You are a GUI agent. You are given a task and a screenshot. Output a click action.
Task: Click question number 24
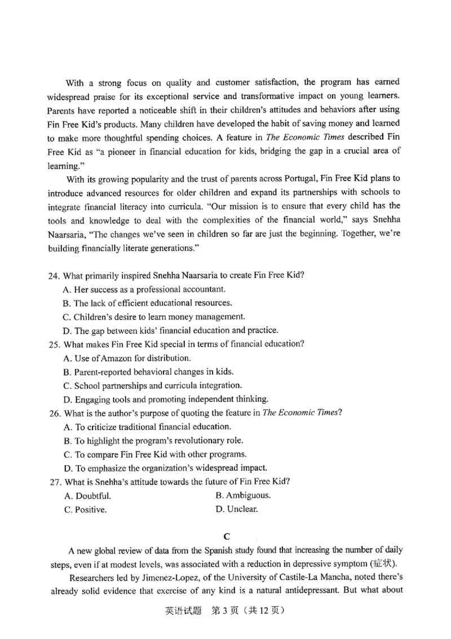point(54,276)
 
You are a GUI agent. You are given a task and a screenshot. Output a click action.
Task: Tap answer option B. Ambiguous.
point(243,496)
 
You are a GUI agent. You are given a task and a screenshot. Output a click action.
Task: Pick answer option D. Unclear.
point(237,509)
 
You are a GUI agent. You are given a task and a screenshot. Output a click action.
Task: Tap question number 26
point(54,413)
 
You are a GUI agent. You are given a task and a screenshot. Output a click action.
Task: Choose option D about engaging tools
point(166,399)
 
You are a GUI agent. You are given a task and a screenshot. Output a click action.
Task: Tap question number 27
point(54,482)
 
